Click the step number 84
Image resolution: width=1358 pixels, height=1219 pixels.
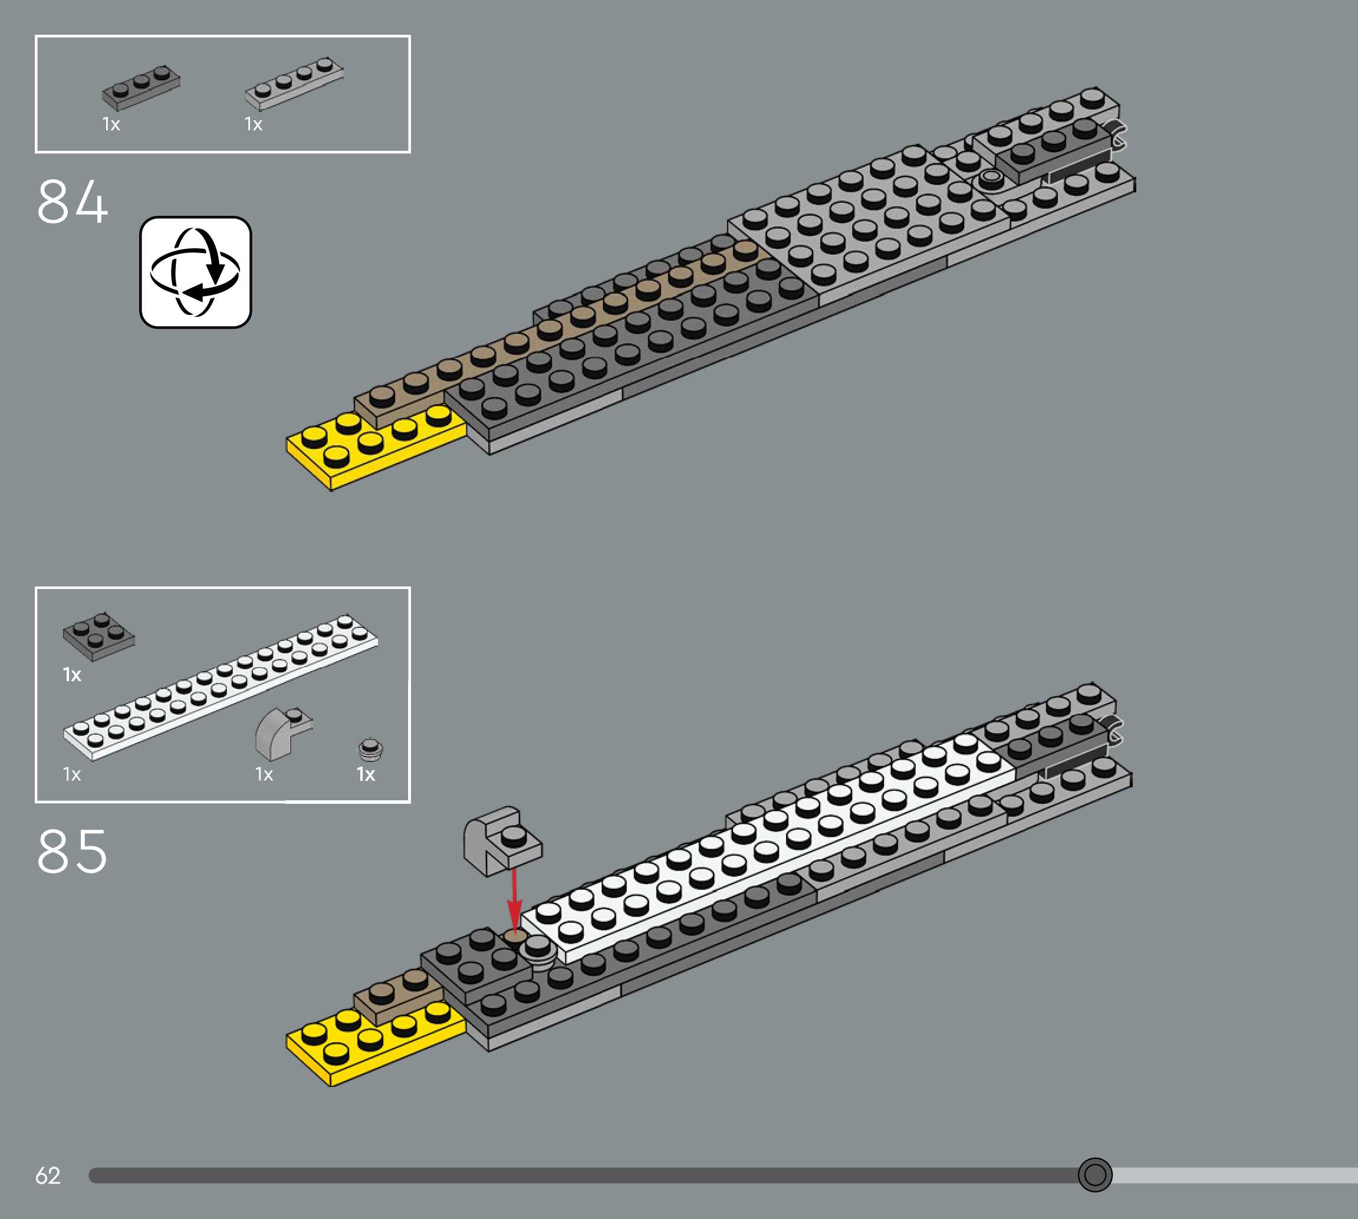pos(72,202)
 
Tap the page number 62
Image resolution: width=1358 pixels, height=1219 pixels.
pos(48,1175)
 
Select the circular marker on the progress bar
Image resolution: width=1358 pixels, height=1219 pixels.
pos(1095,1174)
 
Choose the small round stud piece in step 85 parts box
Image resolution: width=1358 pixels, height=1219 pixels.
pos(370,750)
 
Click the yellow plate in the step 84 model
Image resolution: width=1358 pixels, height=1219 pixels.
pos(375,445)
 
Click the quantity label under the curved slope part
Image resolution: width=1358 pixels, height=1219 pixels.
pos(264,775)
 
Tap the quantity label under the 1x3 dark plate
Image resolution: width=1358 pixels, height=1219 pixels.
pos(111,124)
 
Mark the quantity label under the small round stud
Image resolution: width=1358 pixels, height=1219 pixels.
pos(366,775)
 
